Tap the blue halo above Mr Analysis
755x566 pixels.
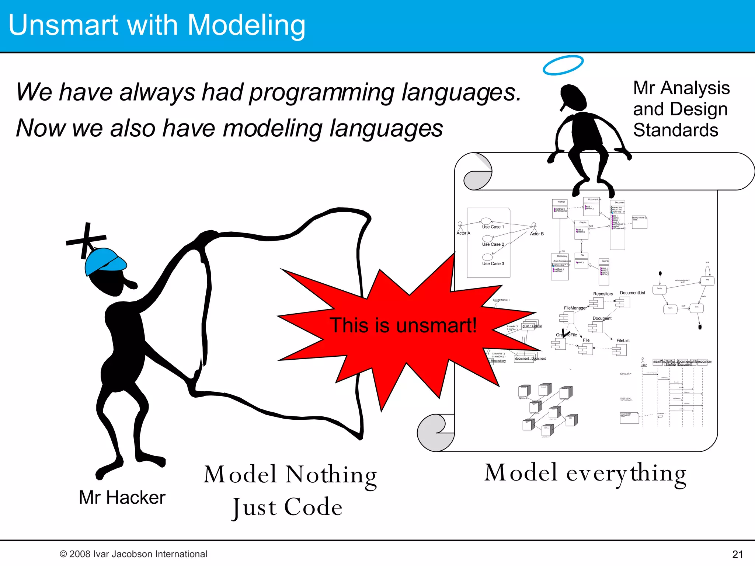point(563,65)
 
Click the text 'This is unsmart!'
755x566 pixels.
point(403,325)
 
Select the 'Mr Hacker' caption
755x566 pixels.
point(122,497)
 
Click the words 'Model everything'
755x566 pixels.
point(585,473)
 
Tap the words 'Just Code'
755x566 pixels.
point(288,507)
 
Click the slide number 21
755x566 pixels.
point(737,554)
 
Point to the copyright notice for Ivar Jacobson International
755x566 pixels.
point(133,554)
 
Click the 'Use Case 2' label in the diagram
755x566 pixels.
point(493,244)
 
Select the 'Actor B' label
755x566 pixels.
point(537,234)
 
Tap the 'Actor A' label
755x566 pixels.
point(463,233)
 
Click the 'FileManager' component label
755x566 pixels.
point(575,308)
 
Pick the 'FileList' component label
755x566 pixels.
point(623,340)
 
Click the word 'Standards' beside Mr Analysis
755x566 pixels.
point(675,130)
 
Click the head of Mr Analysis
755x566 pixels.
point(573,97)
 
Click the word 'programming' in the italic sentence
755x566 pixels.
point(322,92)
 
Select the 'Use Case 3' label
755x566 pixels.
point(493,264)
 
